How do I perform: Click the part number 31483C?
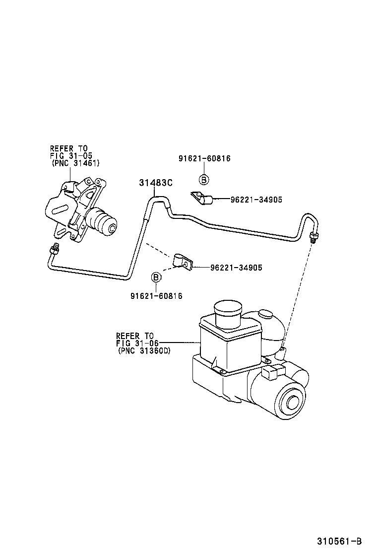[155, 183]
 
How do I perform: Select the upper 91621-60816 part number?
[204, 159]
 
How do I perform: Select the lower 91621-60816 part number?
[156, 296]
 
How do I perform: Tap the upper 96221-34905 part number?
[256, 200]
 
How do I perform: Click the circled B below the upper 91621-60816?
[204, 180]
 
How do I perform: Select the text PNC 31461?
[75, 163]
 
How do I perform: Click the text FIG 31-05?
[70, 155]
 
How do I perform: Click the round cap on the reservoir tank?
[227, 311]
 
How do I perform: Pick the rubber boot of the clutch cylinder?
[103, 223]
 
